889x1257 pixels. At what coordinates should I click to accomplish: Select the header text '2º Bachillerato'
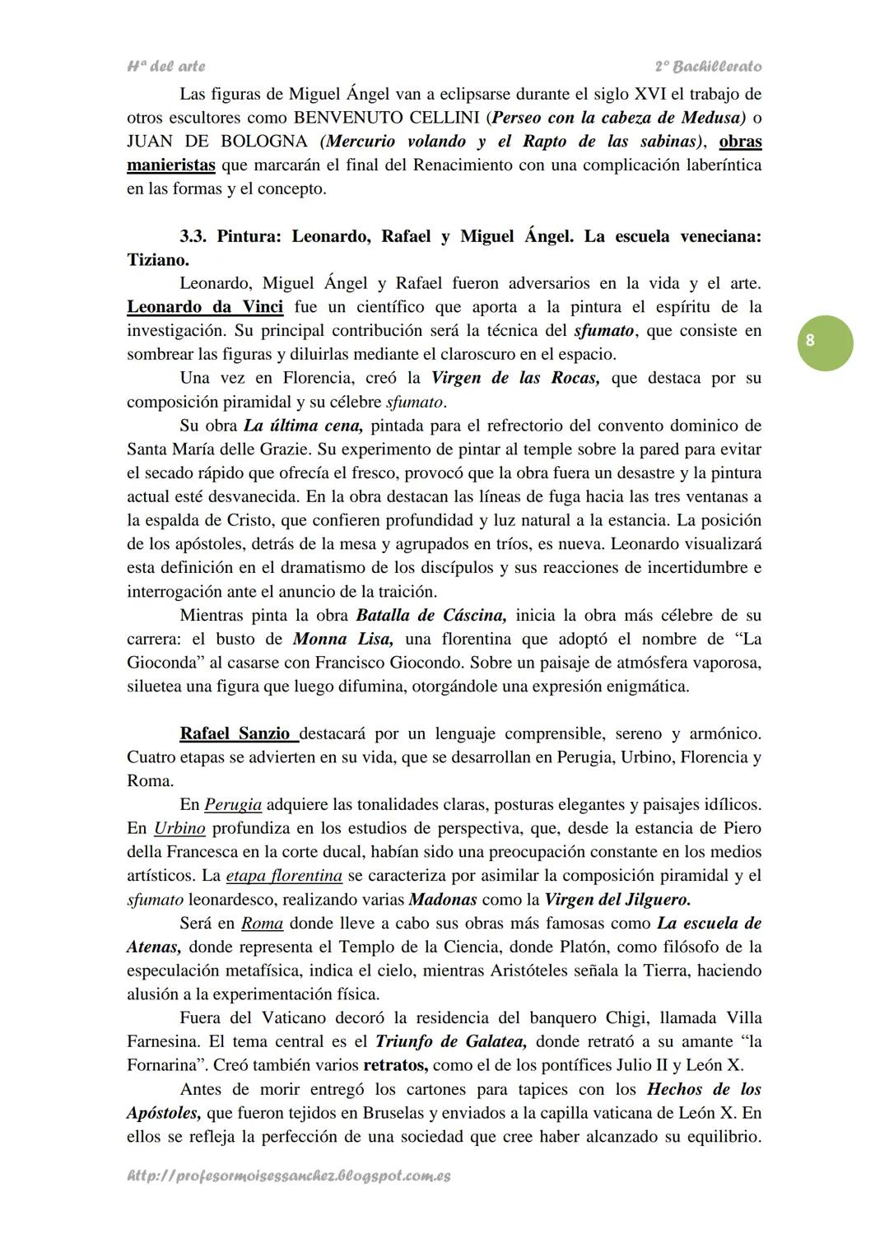(708, 66)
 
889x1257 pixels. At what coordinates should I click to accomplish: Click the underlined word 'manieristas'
(171, 165)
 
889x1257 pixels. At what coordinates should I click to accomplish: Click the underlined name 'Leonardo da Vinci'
(205, 307)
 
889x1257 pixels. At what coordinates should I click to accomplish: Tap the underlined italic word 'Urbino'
(179, 828)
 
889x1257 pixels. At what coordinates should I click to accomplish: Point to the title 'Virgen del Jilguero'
(618, 899)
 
